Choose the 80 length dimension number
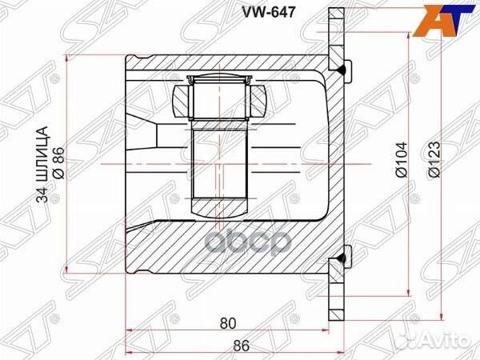[228, 324]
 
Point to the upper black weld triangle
[342, 71]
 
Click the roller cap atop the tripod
[220, 78]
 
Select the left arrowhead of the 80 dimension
[130, 331]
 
